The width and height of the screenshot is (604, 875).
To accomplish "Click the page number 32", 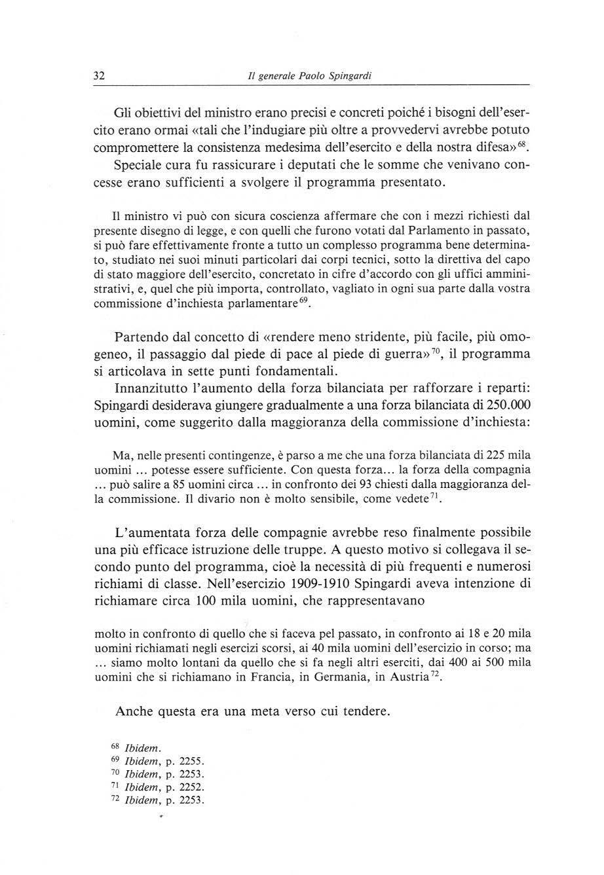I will tap(99, 75).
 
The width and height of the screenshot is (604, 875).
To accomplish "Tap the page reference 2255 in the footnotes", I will tap(192, 762).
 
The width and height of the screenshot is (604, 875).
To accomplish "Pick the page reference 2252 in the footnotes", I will tap(192, 788).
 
